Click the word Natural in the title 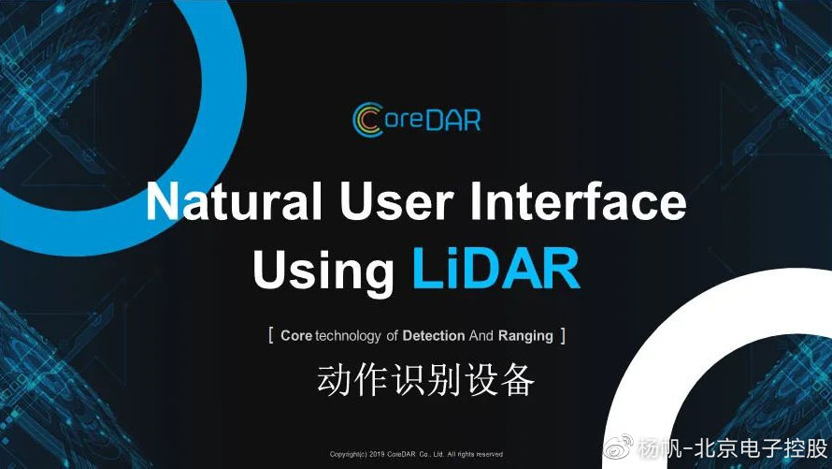tap(234, 201)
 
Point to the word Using tap(323, 270)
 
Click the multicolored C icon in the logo tap(367, 119)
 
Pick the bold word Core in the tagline tap(296, 336)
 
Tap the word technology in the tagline tap(348, 336)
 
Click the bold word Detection tap(434, 336)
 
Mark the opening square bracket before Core tap(271, 336)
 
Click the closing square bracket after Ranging tap(563, 336)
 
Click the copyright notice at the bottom tap(416, 454)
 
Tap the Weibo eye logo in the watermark tap(619, 447)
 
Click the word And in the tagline tap(481, 336)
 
